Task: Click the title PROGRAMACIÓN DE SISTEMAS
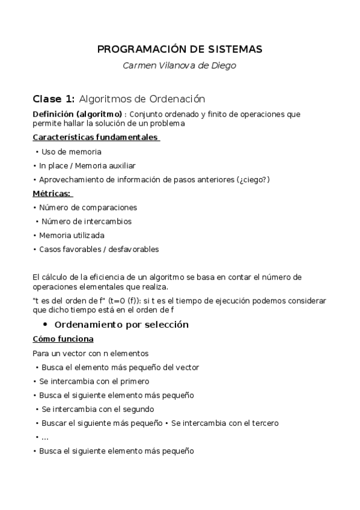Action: click(x=180, y=49)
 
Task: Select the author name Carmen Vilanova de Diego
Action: click(x=180, y=66)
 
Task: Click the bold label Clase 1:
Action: click(x=53, y=99)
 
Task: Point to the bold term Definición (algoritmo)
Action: click(x=70, y=114)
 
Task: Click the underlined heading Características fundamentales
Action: click(x=95, y=137)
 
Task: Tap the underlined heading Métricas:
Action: click(x=52, y=193)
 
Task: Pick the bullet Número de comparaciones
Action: click(x=88, y=207)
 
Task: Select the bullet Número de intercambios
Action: click(x=87, y=221)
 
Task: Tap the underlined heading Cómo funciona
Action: click(x=63, y=339)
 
